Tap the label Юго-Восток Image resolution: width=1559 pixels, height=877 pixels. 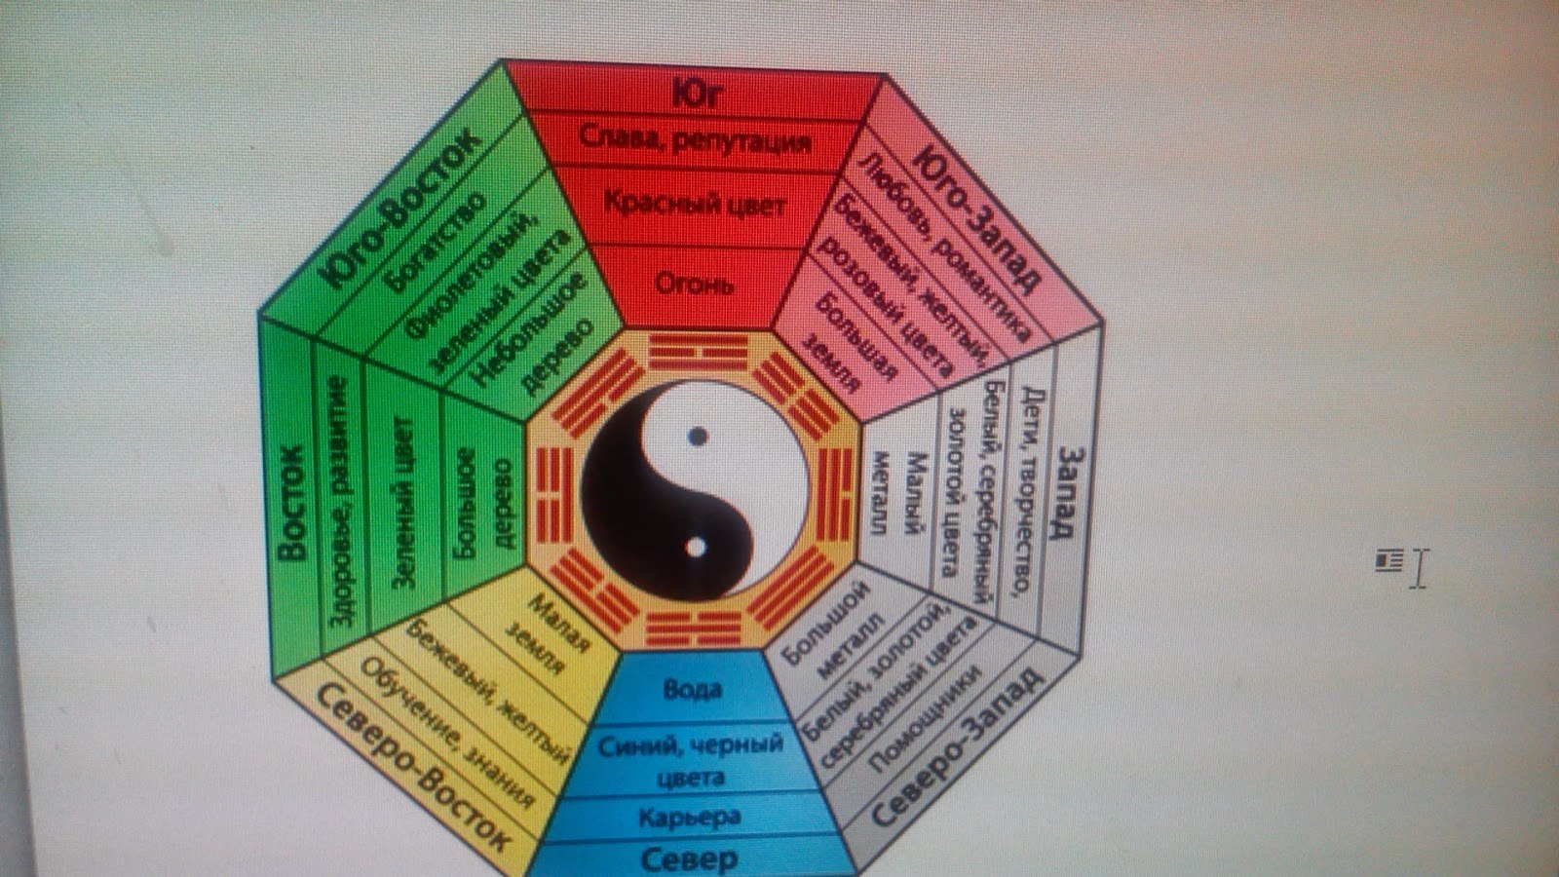pyautogui.click(x=399, y=209)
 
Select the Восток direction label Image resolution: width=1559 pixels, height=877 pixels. pyautogui.click(x=291, y=503)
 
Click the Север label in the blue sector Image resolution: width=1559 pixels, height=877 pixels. pyautogui.click(x=689, y=859)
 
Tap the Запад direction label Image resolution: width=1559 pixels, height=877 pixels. pyautogui.click(x=1066, y=491)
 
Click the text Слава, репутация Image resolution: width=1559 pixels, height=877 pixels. pyautogui.click(x=695, y=139)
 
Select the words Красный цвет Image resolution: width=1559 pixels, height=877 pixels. pyautogui.click(x=694, y=204)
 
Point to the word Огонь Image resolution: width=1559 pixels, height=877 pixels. pyautogui.click(x=693, y=284)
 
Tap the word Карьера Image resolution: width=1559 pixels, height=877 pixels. pyautogui.click(x=690, y=817)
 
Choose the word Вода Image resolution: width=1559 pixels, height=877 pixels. pyautogui.click(x=692, y=689)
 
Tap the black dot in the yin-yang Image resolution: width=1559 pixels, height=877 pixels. pyautogui.click(x=697, y=437)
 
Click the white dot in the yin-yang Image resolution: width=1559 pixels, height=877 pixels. pyautogui.click(x=695, y=548)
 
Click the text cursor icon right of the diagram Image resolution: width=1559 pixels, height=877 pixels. pyautogui.click(x=1418, y=567)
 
